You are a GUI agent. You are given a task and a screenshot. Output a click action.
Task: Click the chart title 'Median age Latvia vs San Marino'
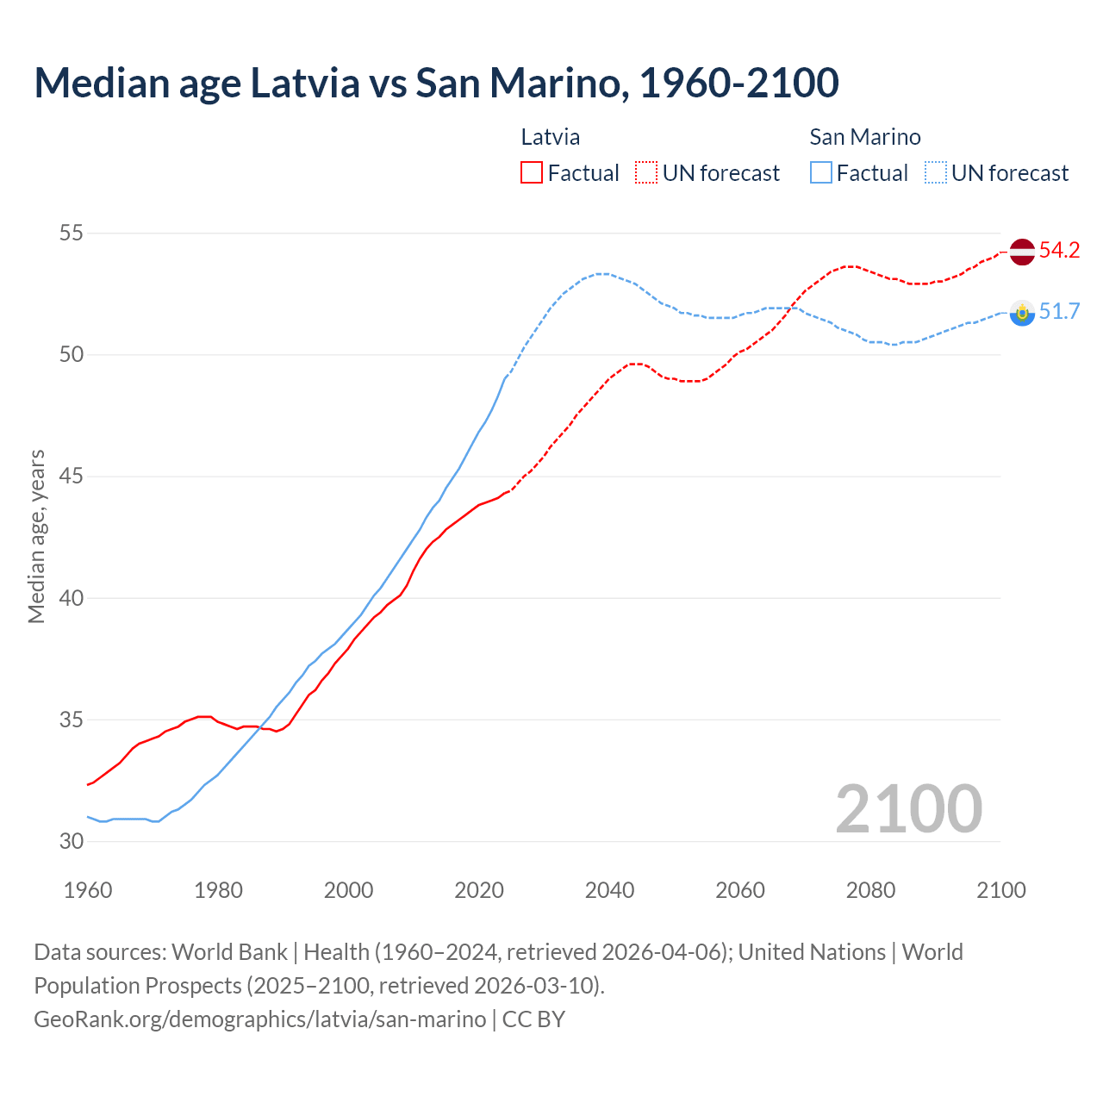tap(436, 83)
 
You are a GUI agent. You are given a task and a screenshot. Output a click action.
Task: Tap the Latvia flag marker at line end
tap(1022, 252)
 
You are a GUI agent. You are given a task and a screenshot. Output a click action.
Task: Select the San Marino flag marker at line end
tap(1022, 312)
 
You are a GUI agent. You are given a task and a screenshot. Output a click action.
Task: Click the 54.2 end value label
tap(1059, 251)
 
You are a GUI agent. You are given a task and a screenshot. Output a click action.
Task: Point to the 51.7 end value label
tap(1059, 312)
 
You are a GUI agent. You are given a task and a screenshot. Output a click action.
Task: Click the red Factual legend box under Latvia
tap(532, 173)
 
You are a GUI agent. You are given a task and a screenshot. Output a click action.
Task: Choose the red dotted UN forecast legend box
tap(646, 173)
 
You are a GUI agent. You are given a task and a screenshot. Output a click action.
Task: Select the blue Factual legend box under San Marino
tap(821, 173)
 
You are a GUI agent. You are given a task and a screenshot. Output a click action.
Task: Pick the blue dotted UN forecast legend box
tap(936, 173)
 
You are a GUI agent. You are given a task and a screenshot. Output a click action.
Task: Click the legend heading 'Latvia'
tap(551, 137)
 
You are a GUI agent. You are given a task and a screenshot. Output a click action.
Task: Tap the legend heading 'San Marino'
tap(865, 137)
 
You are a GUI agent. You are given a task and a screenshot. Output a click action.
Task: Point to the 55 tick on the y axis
tap(72, 234)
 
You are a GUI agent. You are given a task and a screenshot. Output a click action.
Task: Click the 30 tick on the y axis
tap(72, 841)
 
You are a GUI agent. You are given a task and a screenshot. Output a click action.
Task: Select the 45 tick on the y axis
tap(72, 477)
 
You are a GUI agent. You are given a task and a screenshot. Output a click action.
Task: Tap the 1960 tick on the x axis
tap(88, 890)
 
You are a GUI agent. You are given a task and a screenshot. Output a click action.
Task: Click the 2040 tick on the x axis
tap(609, 890)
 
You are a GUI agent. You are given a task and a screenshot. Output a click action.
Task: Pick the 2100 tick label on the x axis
tap(1000, 890)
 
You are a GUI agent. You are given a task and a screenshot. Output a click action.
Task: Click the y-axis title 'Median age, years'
tap(36, 536)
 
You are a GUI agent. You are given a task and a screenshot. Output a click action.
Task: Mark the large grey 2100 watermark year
tap(908, 809)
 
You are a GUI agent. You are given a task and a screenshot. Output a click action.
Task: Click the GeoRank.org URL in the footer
tap(259, 1019)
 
